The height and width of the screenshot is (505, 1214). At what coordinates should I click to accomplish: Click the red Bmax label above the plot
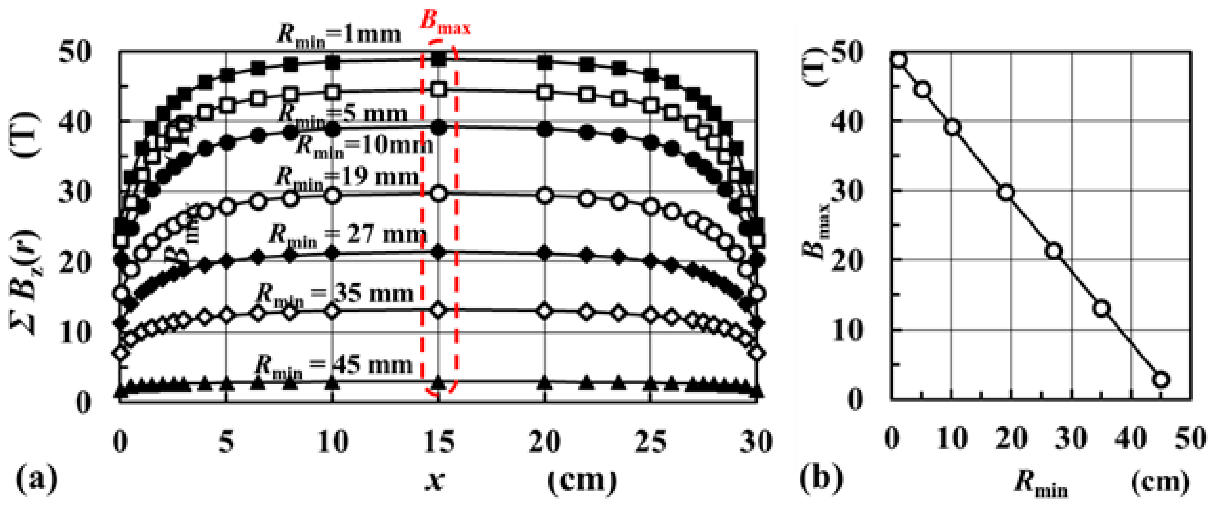click(x=445, y=23)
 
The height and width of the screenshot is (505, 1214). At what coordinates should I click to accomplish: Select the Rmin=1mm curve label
click(x=338, y=35)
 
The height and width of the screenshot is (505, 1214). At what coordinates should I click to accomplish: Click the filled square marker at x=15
click(x=439, y=59)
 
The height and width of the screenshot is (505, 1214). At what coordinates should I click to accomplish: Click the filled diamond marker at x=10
click(x=333, y=253)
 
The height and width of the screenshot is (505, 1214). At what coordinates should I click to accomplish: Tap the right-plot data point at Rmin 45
click(x=1161, y=380)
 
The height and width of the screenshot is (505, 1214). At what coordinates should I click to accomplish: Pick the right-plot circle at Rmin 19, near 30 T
click(x=1006, y=193)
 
